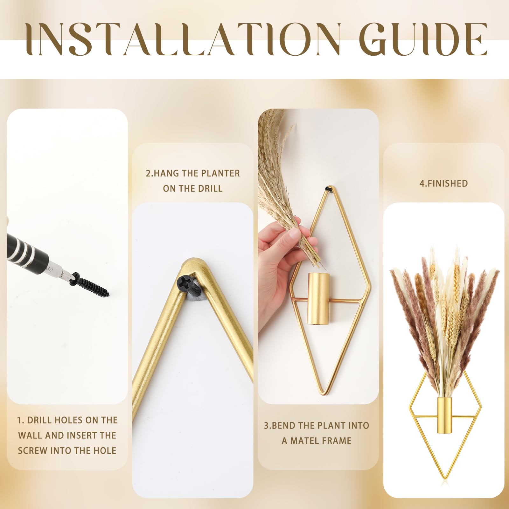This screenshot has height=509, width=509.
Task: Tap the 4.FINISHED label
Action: point(444,184)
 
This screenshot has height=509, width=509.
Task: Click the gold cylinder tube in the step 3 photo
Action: point(318,299)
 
